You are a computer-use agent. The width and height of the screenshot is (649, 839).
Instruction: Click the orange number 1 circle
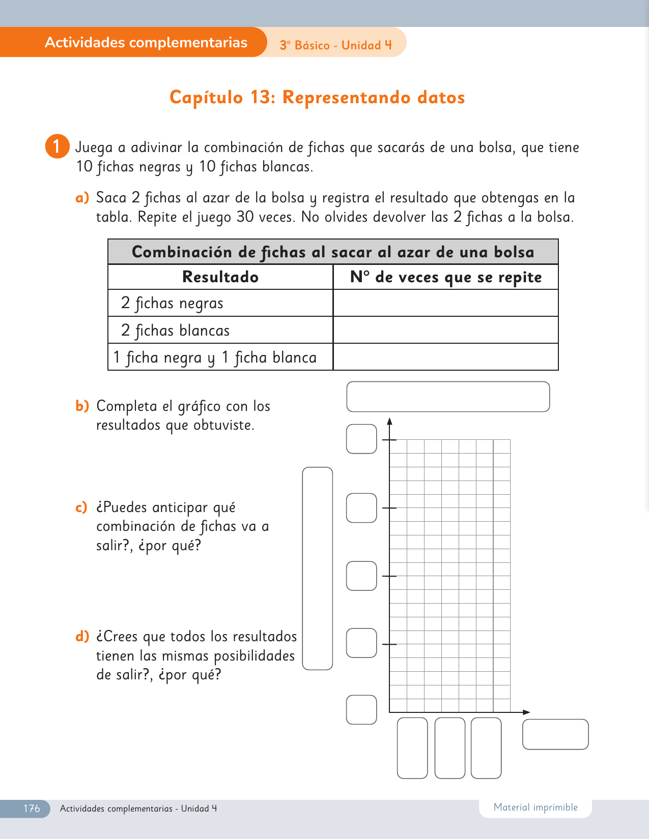tap(57, 146)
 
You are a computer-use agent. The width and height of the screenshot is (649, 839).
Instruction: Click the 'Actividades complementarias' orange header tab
tap(146, 42)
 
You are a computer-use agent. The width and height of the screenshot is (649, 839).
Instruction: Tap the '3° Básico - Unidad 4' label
tap(336, 45)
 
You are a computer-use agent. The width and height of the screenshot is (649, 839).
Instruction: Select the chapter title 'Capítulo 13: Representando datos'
tap(317, 97)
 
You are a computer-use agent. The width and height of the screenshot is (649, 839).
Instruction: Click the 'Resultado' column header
tap(220, 277)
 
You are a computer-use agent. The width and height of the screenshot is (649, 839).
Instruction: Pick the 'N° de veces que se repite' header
tap(446, 277)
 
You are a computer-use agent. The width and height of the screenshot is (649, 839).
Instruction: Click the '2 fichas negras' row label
tap(172, 304)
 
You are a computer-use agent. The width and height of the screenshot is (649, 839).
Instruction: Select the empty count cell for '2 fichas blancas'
tap(446, 330)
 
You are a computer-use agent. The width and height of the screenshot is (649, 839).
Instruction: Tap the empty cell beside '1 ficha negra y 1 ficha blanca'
tap(446, 357)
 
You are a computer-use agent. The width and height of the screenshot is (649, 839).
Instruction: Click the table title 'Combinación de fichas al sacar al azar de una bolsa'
tap(333, 252)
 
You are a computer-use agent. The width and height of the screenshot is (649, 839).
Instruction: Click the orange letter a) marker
tap(82, 198)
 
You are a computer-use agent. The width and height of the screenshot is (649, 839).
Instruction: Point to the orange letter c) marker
tap(81, 507)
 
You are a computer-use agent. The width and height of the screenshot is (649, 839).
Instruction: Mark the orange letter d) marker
tap(82, 637)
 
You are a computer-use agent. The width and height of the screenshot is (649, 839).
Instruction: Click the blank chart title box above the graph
tap(448, 397)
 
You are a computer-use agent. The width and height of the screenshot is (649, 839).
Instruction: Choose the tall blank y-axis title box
tap(318, 568)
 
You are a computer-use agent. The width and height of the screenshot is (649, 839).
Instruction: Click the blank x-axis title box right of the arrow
tap(555, 734)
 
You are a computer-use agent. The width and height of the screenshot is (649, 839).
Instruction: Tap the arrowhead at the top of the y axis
tap(389, 421)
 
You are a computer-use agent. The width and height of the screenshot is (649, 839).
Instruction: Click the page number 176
tap(32, 808)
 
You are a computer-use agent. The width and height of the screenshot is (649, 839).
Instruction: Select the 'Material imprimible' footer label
tap(535, 807)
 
